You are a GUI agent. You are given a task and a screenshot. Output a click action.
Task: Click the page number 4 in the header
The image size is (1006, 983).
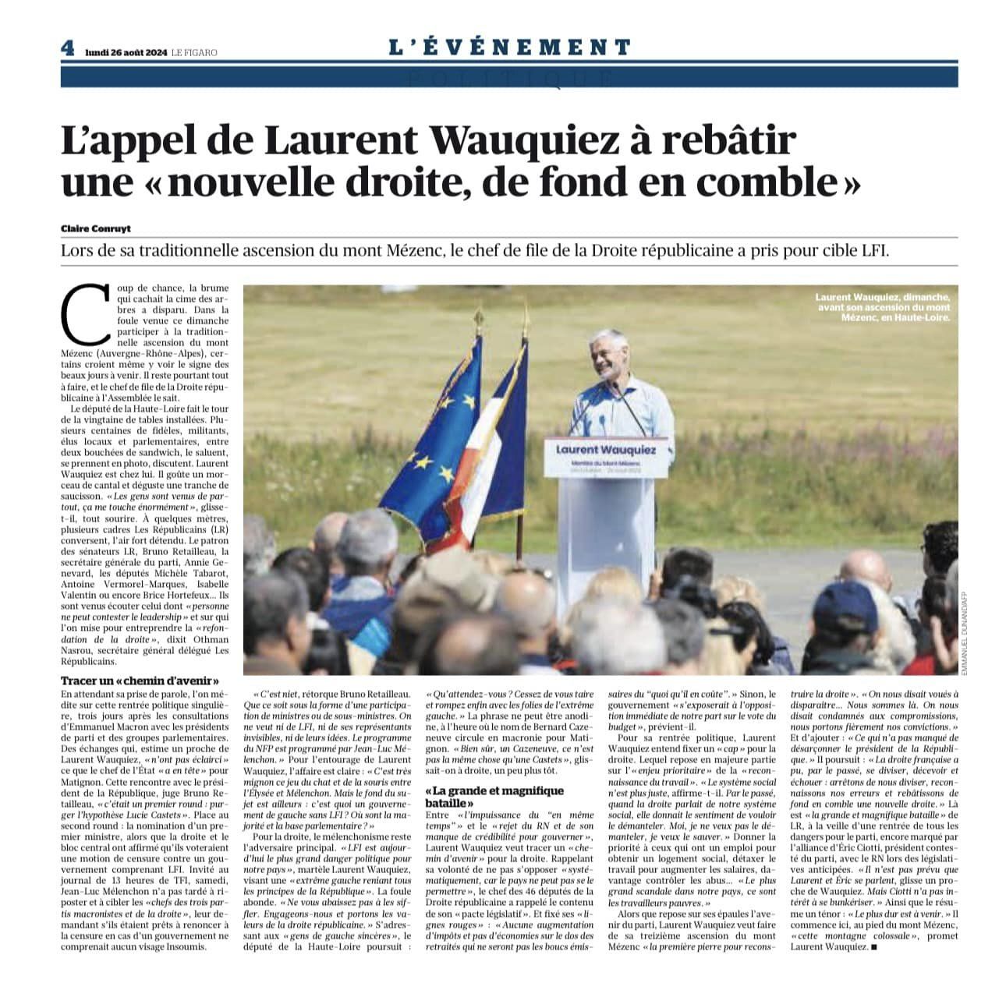[68, 48]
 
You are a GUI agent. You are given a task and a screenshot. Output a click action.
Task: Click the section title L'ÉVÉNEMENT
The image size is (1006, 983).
[509, 48]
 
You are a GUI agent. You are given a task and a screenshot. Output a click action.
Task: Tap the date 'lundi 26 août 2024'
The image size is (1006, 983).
[125, 52]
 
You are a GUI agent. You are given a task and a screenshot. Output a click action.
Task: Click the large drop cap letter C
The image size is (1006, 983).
[85, 313]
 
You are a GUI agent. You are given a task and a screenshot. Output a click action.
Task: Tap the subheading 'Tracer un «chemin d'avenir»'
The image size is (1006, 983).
[140, 681]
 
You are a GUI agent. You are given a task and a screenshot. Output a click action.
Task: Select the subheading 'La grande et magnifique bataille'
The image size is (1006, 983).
[494, 797]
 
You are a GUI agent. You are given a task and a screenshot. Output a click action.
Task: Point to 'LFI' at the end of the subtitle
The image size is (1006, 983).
[873, 252]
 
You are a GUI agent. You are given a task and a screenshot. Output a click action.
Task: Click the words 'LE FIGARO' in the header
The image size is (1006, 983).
[195, 52]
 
